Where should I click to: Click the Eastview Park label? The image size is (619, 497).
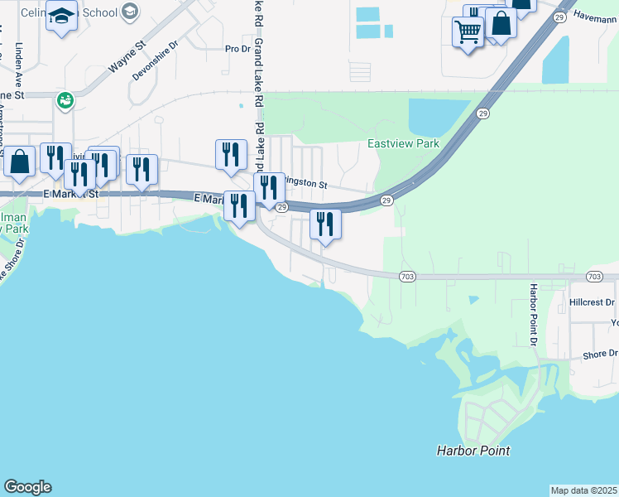(403, 143)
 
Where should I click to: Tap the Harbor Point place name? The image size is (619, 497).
(473, 451)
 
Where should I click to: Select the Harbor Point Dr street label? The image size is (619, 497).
(534, 316)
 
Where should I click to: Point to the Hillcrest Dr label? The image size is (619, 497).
(592, 303)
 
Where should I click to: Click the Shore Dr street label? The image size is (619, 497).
(600, 354)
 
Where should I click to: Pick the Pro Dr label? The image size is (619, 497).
(238, 49)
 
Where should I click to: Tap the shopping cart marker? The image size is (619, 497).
(468, 31)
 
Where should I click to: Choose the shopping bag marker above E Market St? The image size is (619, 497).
(20, 160)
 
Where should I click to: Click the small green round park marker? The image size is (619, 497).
(65, 100)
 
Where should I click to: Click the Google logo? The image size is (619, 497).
(27, 487)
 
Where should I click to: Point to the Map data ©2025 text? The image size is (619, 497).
(583, 490)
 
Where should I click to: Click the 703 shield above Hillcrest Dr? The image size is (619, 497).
(593, 276)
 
